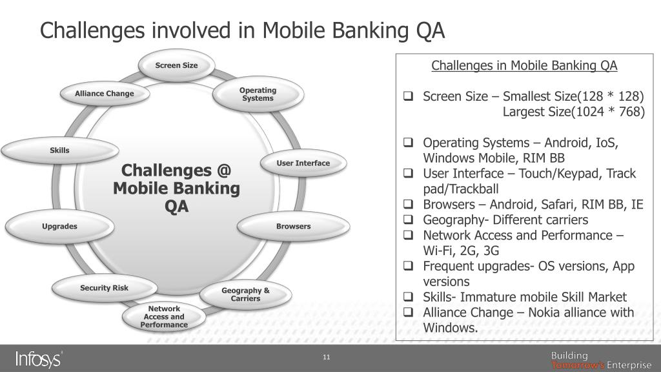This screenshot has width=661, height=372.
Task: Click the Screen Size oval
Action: coord(176,65)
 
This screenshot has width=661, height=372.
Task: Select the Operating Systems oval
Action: coord(258,94)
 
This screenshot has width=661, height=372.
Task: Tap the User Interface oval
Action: coord(303,163)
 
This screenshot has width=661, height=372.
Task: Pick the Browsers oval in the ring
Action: coord(294,227)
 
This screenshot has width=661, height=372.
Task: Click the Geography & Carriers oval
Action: coord(245,294)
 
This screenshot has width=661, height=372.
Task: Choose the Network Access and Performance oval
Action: coord(164,317)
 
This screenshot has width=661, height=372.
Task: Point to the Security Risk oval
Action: coord(104,288)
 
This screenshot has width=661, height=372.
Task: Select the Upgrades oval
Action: coord(59,227)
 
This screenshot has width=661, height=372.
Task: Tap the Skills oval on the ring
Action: coord(59,151)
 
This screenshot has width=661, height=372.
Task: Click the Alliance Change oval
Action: coord(105,94)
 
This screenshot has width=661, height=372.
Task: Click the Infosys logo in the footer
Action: coord(39,358)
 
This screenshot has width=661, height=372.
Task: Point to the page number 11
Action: coord(326,358)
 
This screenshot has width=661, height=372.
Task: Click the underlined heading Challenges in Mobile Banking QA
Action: coord(524,66)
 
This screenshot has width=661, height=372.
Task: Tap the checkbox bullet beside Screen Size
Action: coord(408,97)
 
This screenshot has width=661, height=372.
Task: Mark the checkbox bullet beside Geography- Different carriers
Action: coord(408,220)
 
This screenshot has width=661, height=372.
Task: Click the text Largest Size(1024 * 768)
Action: coord(574,112)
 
